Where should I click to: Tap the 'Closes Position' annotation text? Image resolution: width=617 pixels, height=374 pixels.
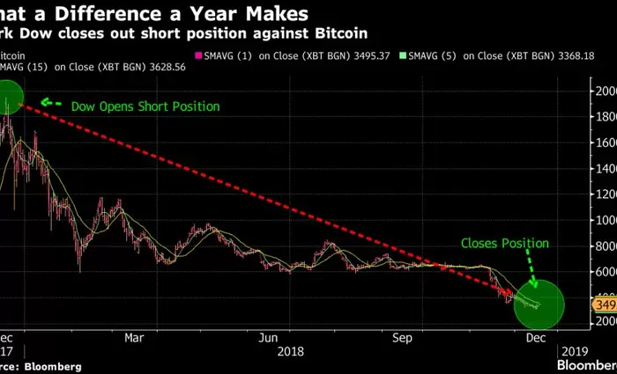pos(505,243)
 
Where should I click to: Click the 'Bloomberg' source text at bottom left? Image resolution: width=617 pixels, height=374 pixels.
pos(53,365)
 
